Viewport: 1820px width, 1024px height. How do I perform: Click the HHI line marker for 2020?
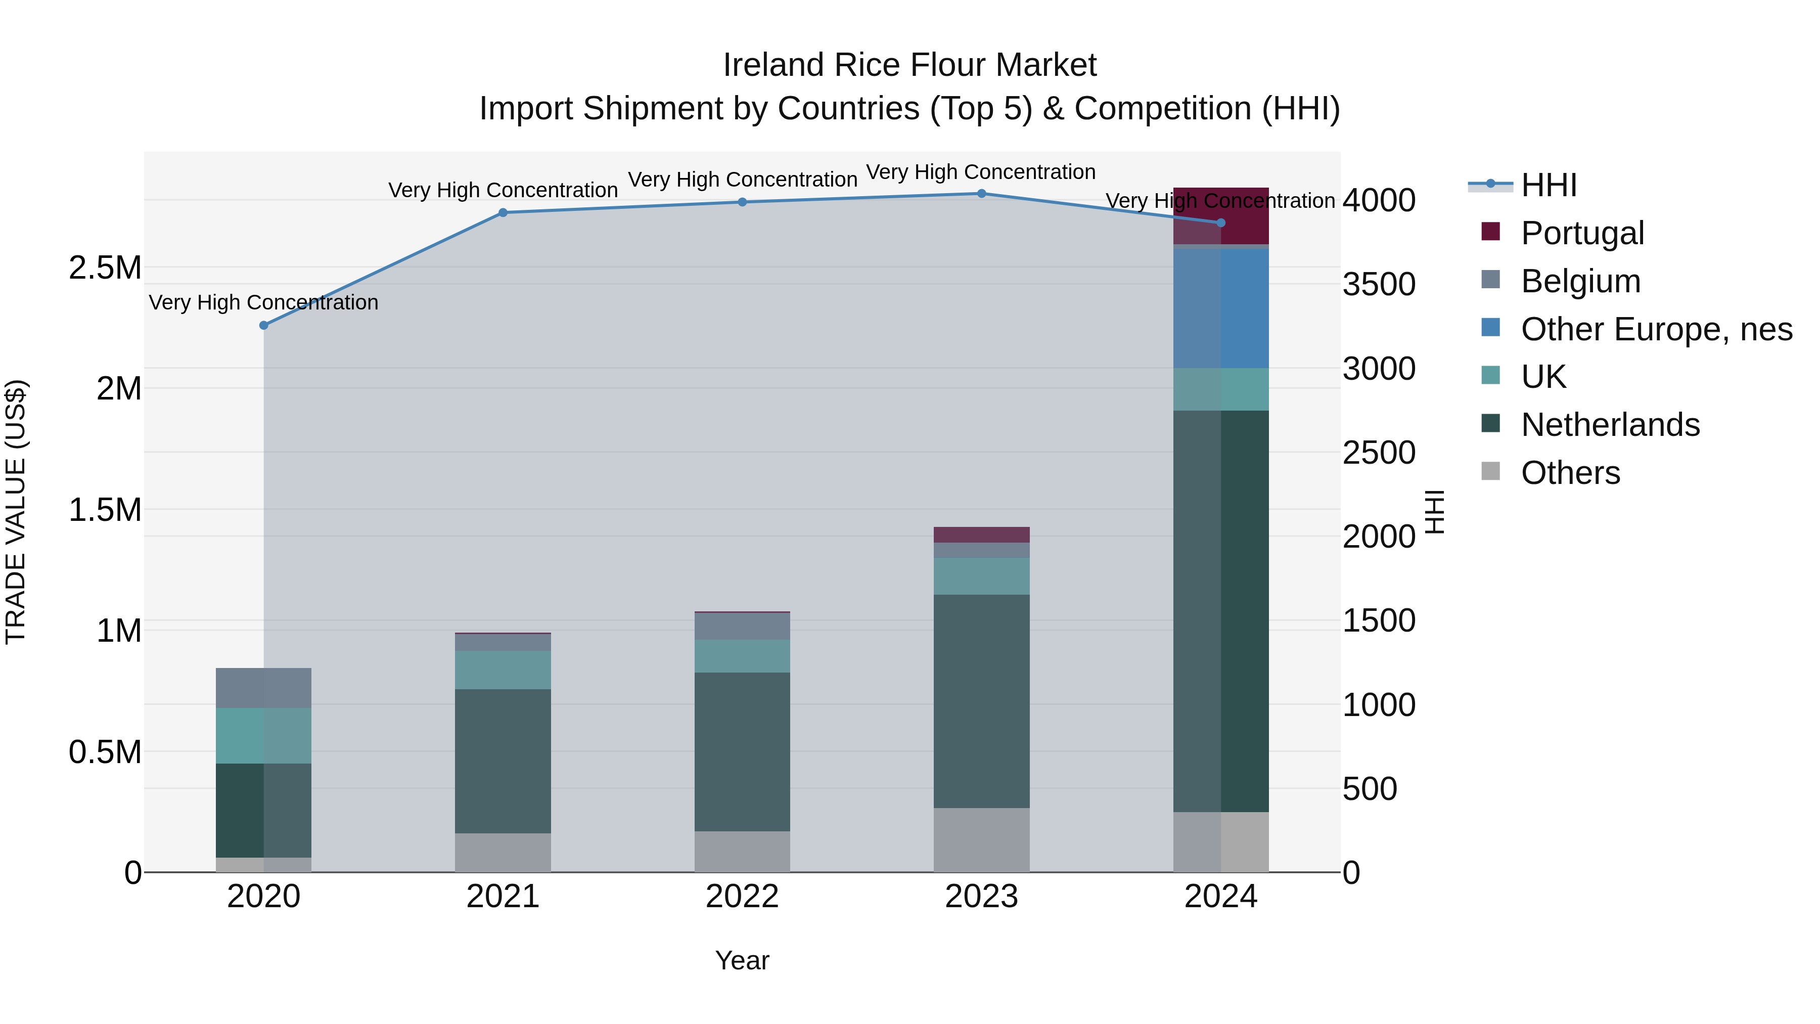(x=263, y=325)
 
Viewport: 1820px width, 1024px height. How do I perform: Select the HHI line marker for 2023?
(x=981, y=193)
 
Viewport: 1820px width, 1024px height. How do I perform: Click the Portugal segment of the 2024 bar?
(x=1221, y=215)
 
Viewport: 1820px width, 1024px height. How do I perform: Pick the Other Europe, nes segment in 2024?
(x=1221, y=308)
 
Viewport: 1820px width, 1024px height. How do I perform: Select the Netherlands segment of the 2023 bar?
(x=981, y=701)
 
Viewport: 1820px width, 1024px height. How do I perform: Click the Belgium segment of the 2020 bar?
(x=263, y=688)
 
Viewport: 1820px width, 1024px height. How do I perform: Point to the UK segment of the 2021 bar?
(x=503, y=670)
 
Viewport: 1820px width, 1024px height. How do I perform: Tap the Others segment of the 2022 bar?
(x=742, y=852)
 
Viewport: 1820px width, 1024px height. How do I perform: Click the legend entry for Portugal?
(x=1582, y=233)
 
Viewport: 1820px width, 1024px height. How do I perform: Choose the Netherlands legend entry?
(x=1610, y=424)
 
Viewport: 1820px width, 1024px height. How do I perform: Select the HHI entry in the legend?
(x=1548, y=185)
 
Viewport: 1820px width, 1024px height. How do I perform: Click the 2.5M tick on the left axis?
(x=105, y=268)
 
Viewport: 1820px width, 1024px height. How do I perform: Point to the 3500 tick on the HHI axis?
(x=1379, y=285)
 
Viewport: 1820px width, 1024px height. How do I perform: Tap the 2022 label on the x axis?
(x=742, y=896)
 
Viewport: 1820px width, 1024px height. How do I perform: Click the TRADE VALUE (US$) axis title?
(x=16, y=512)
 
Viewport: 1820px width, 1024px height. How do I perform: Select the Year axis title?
(x=742, y=960)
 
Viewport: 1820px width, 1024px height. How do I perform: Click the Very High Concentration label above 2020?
(x=263, y=302)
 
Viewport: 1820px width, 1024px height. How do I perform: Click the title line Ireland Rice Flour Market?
(x=909, y=65)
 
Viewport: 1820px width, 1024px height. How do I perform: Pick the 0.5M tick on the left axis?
(x=105, y=752)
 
